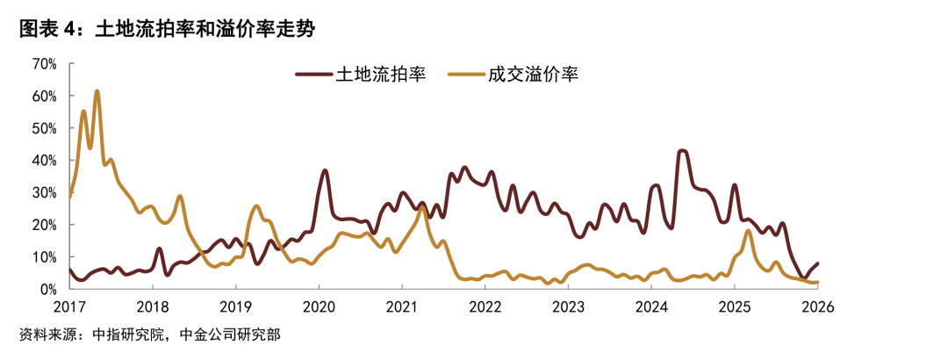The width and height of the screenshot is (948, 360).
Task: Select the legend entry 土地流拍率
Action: point(381,74)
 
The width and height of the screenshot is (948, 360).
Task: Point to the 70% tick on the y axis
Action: point(44,64)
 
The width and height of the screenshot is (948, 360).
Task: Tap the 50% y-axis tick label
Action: point(44,128)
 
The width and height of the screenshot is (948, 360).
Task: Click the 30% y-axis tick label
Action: point(44,192)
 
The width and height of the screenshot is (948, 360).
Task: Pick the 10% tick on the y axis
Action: point(44,257)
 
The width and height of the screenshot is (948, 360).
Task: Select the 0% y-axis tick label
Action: point(47,289)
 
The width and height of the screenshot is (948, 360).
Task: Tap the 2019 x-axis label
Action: point(235,306)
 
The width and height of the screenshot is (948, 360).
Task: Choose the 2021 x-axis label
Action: point(402,306)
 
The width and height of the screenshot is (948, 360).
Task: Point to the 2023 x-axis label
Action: point(568,306)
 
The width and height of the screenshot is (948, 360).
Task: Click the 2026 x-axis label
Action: point(817,306)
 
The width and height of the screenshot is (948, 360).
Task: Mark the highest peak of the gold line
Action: point(97,90)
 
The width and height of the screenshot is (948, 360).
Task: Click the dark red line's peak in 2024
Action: point(682,151)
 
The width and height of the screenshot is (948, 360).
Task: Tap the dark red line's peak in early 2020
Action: point(325,170)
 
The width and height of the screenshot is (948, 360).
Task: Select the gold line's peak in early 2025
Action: point(747,231)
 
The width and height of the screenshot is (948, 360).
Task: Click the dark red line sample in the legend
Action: point(313,75)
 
